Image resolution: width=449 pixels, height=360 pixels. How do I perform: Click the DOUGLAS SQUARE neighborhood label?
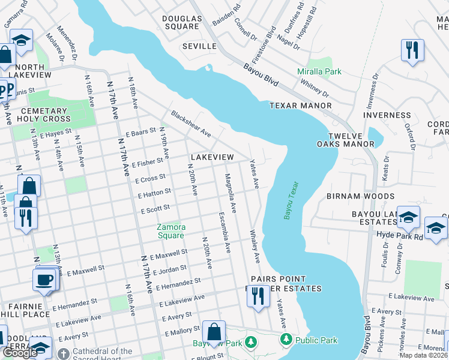pos(181,22)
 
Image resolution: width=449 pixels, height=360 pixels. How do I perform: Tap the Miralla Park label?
pos(319,71)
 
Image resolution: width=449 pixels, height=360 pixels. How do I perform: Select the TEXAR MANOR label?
pos(300,106)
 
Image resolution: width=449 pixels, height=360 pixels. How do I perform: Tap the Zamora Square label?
pos(171,231)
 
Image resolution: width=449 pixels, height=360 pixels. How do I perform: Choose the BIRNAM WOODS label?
pos(360,196)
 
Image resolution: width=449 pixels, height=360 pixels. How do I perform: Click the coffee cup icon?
pos(44,280)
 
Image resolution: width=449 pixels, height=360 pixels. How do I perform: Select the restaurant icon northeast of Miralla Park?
pos(412,50)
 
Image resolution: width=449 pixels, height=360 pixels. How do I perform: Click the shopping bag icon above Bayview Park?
pos(214,331)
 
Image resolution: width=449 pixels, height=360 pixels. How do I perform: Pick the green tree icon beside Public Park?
pos(286,340)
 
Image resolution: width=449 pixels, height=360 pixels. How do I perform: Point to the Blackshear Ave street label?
pos(191,123)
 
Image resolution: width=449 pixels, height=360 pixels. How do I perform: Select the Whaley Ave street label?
pos(255,246)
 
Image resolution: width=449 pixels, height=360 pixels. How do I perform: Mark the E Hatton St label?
pos(154,194)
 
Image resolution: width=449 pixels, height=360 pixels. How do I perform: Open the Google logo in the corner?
pos(20,353)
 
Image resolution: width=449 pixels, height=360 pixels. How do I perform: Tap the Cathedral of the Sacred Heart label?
pos(102,355)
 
